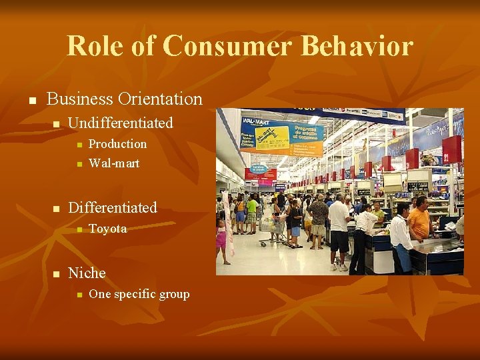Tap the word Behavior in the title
357,46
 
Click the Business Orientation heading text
125,99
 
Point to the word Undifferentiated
121,123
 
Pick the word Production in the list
117,144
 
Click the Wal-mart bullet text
114,163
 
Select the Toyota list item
107,229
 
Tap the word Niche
87,273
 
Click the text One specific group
139,295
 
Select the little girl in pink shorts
221,240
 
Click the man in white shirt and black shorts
339,230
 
